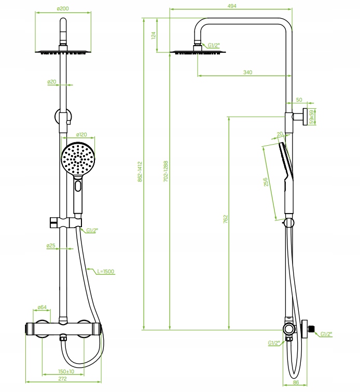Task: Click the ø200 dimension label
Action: click(63, 8)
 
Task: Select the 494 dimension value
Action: click(232, 6)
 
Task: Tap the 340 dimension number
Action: click(247, 72)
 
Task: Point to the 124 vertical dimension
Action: click(154, 35)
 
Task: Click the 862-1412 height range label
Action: click(140, 172)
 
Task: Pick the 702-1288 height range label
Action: click(165, 171)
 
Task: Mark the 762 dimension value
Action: click(226, 219)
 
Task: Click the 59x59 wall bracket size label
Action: click(312, 117)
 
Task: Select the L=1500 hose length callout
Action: click(106, 271)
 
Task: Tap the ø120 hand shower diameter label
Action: click(81, 134)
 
